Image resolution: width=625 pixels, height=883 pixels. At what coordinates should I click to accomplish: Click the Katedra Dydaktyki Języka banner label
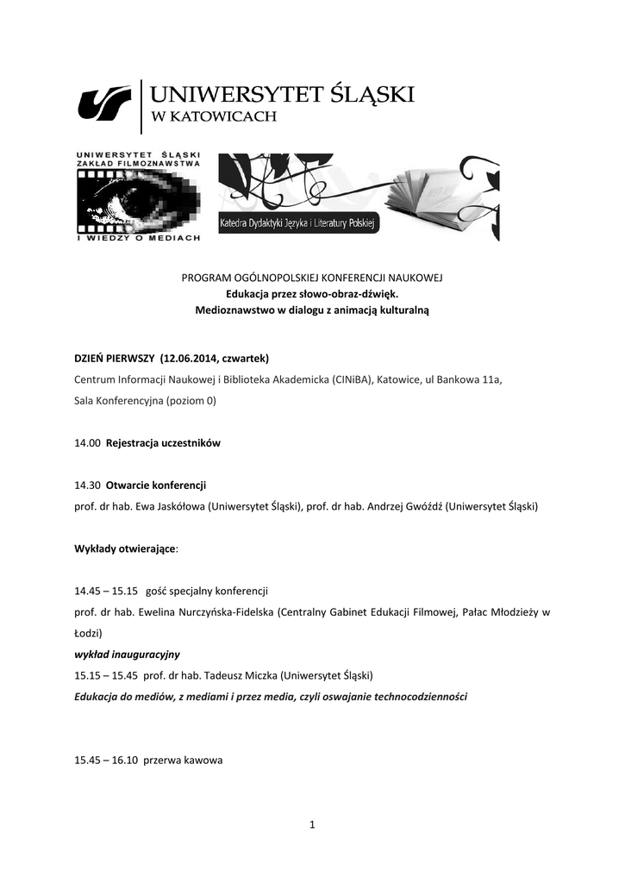tap(297, 223)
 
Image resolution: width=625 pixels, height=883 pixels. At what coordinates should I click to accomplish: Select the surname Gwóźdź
tap(418, 506)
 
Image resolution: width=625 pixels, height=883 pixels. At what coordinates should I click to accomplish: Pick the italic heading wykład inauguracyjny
tap(127, 654)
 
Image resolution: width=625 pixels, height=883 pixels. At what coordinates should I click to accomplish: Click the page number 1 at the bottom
tap(313, 826)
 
